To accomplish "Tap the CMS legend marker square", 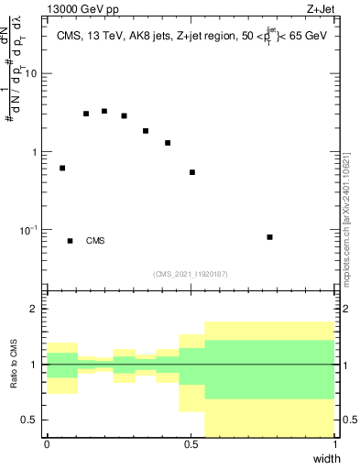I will coord(71,241).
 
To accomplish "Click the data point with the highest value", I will coord(104,111).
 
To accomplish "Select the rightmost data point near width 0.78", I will coord(269,237).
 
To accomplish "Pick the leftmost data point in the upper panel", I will coord(62,169).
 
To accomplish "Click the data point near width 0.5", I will coord(192,172).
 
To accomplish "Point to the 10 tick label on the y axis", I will coord(33,74).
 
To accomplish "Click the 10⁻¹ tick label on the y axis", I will coord(30,229).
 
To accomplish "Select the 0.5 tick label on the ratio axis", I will coord(31,420).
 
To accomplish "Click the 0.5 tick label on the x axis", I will coord(190,444).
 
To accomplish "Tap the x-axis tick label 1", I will coord(333,444).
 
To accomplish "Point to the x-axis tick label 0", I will coord(47,444).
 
